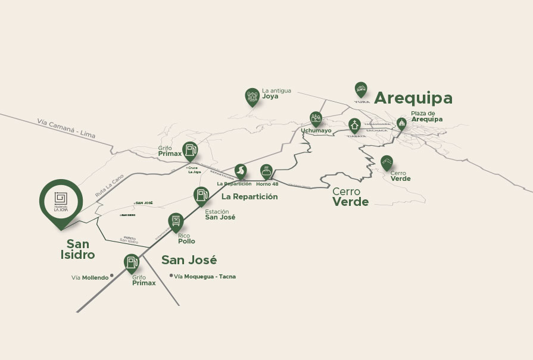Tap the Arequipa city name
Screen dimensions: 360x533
[413, 98]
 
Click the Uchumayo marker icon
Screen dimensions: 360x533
[316, 118]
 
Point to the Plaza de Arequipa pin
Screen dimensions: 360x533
[401, 123]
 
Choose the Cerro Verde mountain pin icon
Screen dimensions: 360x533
[386, 162]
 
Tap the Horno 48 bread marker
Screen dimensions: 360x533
[267, 171]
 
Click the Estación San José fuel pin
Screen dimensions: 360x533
[201, 195]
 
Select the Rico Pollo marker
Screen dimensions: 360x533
[175, 221]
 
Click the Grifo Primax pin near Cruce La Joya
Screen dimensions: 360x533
[189, 150]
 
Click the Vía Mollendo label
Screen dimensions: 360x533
[90, 277]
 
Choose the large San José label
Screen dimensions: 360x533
[189, 260]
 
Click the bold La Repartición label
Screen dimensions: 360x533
[250, 196]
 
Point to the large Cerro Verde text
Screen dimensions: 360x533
[350, 196]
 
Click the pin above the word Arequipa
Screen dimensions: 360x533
[360, 89]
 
